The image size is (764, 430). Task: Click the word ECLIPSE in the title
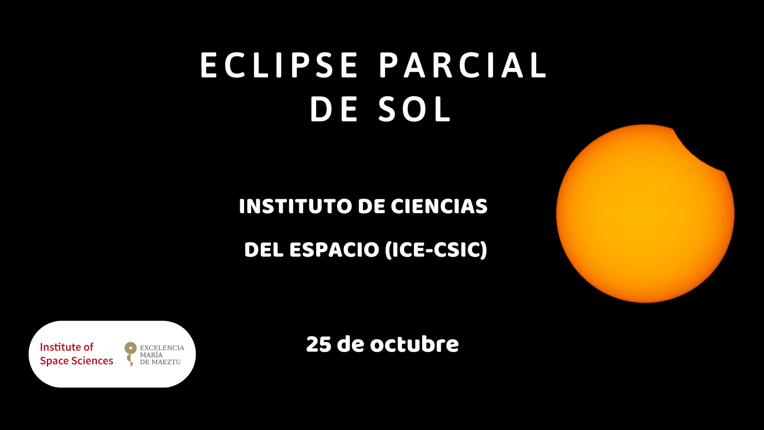pyautogui.click(x=279, y=65)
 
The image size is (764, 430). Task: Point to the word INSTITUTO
pyautogui.click(x=296, y=206)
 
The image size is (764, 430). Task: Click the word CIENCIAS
pyautogui.click(x=439, y=206)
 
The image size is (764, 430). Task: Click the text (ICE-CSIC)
pyautogui.click(x=436, y=250)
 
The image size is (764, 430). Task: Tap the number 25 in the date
pyautogui.click(x=318, y=344)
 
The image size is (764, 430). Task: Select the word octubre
pyautogui.click(x=414, y=344)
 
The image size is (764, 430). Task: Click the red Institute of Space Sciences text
pyautogui.click(x=76, y=354)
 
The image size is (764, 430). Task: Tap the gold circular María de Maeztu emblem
pyautogui.click(x=130, y=348)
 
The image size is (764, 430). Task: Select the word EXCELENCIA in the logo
pyautogui.click(x=162, y=348)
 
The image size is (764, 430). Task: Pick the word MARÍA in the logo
pyautogui.click(x=151, y=355)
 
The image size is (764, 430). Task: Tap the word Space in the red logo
pyautogui.click(x=53, y=361)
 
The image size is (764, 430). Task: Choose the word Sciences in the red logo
pyautogui.click(x=91, y=361)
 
